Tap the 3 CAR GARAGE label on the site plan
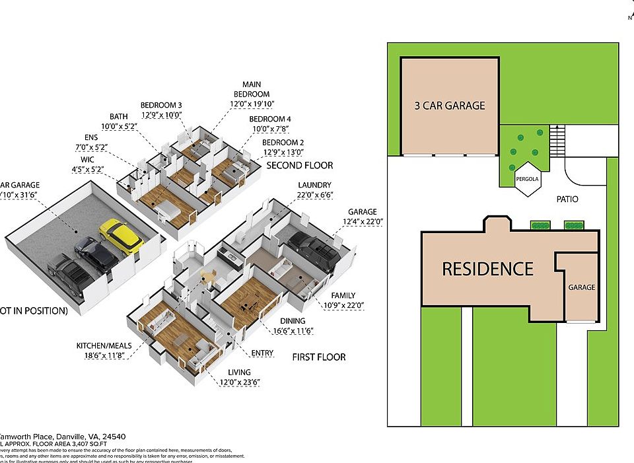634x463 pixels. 449,105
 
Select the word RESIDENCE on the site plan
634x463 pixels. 487,269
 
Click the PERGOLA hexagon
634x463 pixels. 528,178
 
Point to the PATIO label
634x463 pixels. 567,198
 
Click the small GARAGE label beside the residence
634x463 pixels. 582,287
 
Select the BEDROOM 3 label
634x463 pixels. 161,105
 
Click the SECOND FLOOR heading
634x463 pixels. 299,165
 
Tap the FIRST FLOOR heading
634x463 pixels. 318,357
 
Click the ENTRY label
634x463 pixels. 262,353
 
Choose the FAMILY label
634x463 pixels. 343,295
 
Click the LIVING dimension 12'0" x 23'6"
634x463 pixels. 240,382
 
